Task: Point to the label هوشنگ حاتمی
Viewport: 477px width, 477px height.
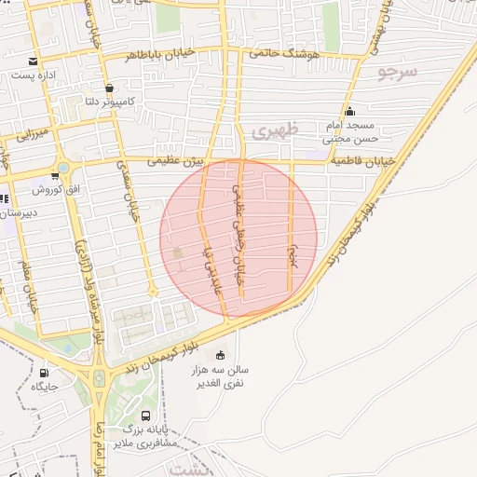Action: [279, 55]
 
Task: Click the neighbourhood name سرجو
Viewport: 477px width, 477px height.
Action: [399, 72]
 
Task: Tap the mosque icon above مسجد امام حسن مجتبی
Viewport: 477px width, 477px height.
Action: [349, 112]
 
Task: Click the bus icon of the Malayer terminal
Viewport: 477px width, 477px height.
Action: [145, 416]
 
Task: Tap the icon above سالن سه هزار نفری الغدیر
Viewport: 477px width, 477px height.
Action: [220, 354]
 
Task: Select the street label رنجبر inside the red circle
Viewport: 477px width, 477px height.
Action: [292, 255]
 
